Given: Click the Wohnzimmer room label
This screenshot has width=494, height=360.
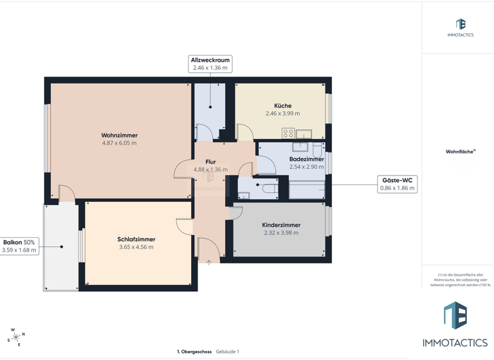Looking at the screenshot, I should click(x=120, y=136).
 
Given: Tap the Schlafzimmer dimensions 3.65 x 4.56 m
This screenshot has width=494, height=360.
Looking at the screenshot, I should click(x=136, y=248).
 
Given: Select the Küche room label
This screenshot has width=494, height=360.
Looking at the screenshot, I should click(x=282, y=105).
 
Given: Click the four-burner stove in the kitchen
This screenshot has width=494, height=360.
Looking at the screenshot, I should click(x=288, y=134).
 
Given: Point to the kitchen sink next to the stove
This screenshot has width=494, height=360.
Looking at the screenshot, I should click(x=303, y=134).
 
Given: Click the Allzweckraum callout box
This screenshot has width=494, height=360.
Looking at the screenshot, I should click(x=210, y=64).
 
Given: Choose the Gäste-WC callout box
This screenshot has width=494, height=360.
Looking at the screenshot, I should click(x=397, y=184).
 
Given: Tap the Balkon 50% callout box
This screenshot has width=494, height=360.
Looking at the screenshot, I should click(x=20, y=246).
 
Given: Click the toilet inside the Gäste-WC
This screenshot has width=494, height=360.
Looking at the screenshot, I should click(x=243, y=195).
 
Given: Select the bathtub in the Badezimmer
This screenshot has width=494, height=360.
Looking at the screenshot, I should click(x=307, y=190).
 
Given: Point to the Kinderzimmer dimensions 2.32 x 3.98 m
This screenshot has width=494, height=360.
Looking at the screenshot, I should click(x=281, y=233).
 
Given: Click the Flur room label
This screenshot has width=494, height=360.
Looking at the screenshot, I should click(x=210, y=162).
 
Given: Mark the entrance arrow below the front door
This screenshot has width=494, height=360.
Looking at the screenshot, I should click(x=209, y=262).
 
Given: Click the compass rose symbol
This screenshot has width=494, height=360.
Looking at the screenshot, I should click(x=15, y=337).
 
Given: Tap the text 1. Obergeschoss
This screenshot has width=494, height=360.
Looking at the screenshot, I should click(x=195, y=352).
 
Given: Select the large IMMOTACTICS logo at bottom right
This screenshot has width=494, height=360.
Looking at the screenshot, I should click(x=455, y=325).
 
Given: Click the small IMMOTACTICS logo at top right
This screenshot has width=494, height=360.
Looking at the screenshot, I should click(x=461, y=27).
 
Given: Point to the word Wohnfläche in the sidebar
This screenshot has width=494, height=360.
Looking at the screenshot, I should click(x=459, y=152).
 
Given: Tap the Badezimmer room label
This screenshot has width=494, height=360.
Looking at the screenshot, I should click(x=306, y=159).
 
